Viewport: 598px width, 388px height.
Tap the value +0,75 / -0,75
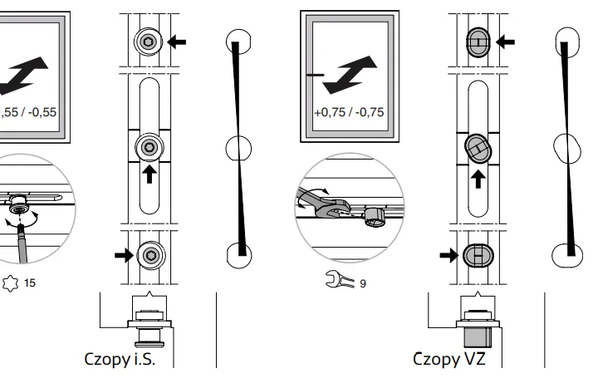(349, 114)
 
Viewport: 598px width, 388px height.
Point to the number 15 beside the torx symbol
(29, 283)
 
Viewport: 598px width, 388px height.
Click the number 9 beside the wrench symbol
(362, 284)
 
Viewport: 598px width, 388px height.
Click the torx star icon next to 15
(11, 283)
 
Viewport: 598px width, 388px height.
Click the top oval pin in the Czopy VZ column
(478, 40)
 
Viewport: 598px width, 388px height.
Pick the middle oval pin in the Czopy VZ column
(478, 148)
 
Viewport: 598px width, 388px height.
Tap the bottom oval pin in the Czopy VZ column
(478, 254)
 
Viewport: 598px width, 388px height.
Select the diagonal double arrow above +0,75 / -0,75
(346, 76)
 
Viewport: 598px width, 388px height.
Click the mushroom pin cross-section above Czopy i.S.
(149, 328)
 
